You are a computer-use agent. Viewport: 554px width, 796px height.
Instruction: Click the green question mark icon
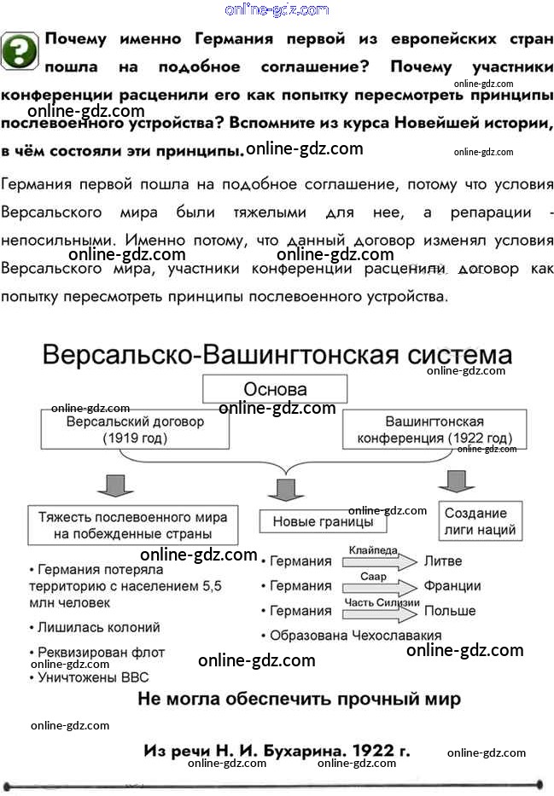point(20,51)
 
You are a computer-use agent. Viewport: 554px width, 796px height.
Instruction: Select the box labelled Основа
point(275,389)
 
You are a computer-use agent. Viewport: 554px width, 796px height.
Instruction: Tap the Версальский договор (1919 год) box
point(135,429)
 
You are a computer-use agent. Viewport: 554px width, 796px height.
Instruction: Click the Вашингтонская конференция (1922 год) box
point(434,429)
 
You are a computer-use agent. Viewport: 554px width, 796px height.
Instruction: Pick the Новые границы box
point(323,521)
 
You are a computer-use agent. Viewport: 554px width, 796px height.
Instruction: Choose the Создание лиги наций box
point(481,521)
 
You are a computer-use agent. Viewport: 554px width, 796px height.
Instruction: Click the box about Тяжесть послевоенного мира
point(132,526)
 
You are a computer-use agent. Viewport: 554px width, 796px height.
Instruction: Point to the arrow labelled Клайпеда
point(380,561)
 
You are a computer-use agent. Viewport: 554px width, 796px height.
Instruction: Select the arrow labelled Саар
point(380,587)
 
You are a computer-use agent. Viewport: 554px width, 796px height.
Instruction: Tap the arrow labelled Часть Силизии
point(380,613)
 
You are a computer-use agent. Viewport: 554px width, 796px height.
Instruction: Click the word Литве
point(443,561)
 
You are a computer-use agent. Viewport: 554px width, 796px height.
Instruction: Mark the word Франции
point(452,586)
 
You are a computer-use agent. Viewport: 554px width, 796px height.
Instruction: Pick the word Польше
point(450,611)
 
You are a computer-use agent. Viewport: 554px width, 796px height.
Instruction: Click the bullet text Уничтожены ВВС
point(90,677)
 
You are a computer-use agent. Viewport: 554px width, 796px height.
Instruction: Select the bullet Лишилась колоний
point(95,627)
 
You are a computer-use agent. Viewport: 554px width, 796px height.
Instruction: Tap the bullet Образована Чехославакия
point(352,636)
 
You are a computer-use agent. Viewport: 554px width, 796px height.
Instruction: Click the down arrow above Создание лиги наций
point(457,481)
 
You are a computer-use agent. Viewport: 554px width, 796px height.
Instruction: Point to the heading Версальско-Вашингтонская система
point(277,355)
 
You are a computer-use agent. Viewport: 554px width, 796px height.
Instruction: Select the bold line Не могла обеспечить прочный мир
point(299,699)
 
